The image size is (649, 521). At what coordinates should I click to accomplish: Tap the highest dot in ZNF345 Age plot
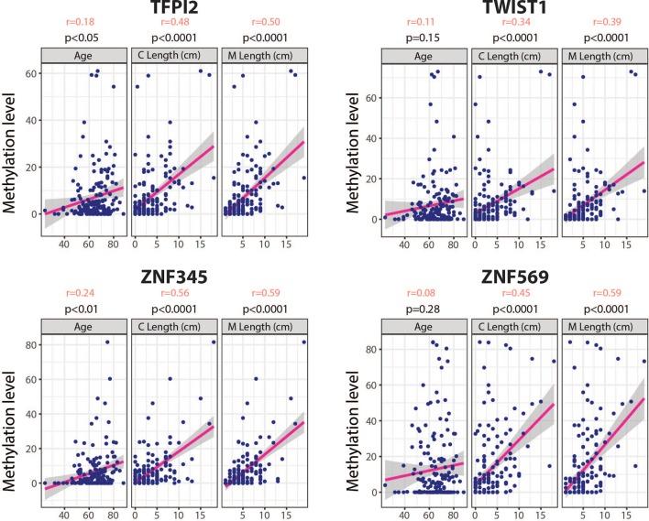pyautogui.click(x=107, y=342)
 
